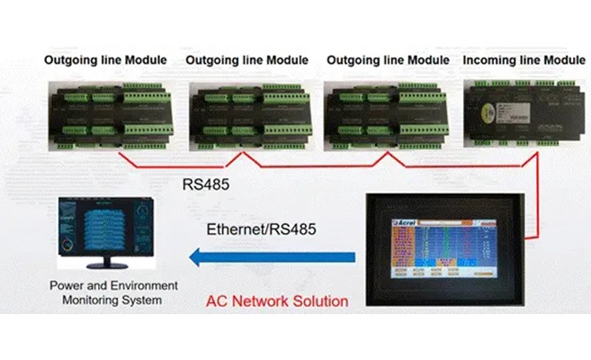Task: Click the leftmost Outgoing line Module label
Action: coord(106,60)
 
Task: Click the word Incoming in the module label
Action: coord(489,60)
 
